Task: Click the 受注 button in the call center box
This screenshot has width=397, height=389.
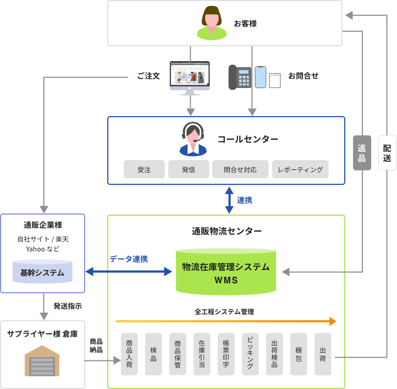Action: (x=144, y=169)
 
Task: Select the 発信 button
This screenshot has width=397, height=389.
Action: (x=189, y=169)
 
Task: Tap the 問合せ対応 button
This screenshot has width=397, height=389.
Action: (x=240, y=169)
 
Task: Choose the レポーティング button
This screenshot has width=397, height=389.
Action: (x=300, y=169)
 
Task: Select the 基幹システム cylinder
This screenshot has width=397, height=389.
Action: (x=42, y=272)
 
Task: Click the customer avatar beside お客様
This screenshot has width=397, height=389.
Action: (x=212, y=23)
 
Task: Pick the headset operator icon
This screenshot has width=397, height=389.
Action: (x=193, y=139)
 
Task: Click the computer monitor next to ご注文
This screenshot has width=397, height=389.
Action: (x=190, y=77)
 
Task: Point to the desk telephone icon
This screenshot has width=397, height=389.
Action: (x=240, y=77)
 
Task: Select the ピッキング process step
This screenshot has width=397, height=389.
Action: (x=250, y=354)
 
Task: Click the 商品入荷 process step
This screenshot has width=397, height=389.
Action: (x=129, y=354)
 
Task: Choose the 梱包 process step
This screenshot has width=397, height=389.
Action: (x=299, y=354)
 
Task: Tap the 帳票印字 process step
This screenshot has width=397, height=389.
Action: (x=226, y=354)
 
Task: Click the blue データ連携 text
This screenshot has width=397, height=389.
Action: (x=128, y=259)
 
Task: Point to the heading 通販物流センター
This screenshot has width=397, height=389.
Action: (x=227, y=231)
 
